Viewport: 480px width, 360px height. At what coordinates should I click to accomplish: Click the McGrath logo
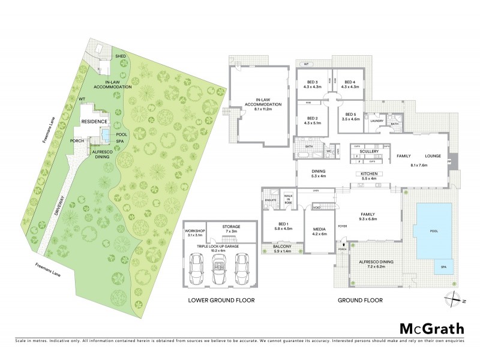[432, 328]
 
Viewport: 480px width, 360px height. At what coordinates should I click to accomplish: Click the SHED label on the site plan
[121, 56]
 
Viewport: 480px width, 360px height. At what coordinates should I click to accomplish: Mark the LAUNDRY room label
[376, 121]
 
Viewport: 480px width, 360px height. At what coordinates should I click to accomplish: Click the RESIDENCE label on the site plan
[94, 122]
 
